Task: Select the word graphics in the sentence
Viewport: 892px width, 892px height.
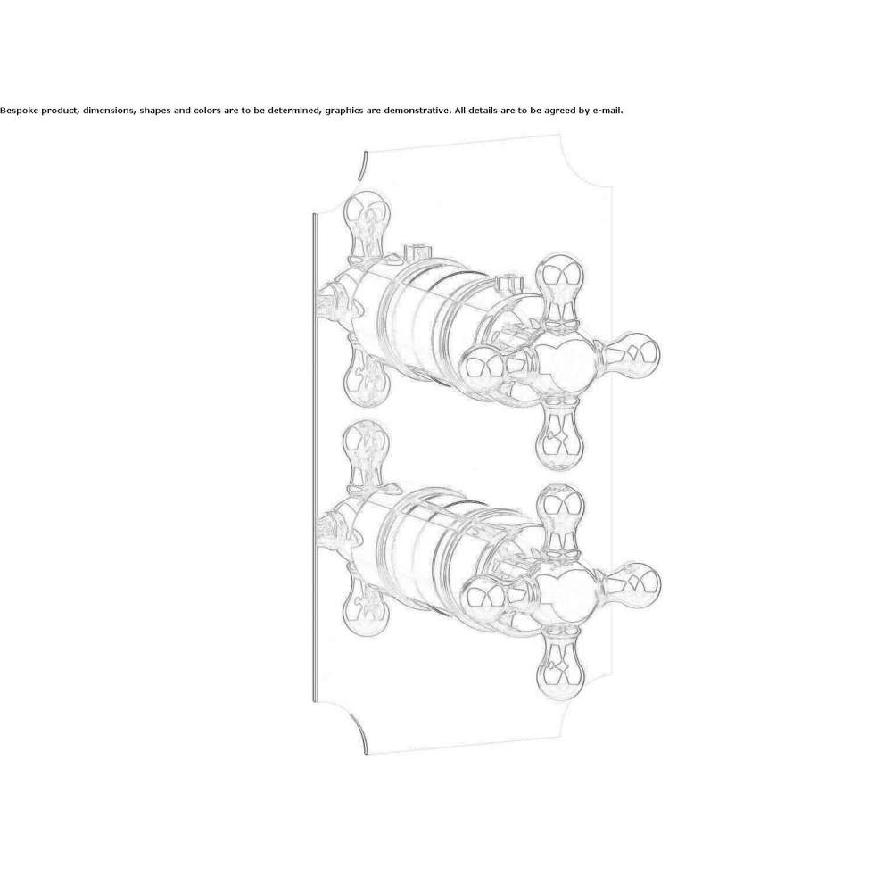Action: pos(343,111)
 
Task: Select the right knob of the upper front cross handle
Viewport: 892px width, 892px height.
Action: pos(628,355)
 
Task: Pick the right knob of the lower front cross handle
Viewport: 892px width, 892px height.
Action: pos(631,587)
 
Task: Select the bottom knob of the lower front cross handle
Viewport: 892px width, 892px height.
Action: pos(561,664)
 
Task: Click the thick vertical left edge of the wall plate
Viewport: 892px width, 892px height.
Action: pos(314,458)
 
